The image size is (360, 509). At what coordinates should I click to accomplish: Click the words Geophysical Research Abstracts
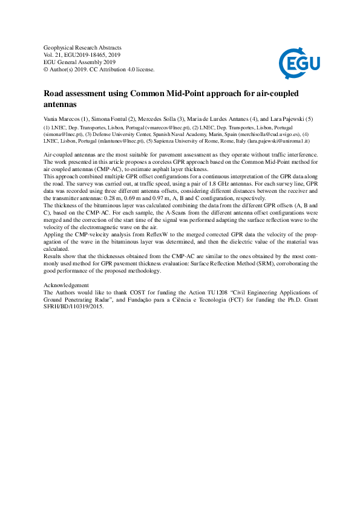click(x=83, y=47)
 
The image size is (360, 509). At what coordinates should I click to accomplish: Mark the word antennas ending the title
click(x=62, y=105)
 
